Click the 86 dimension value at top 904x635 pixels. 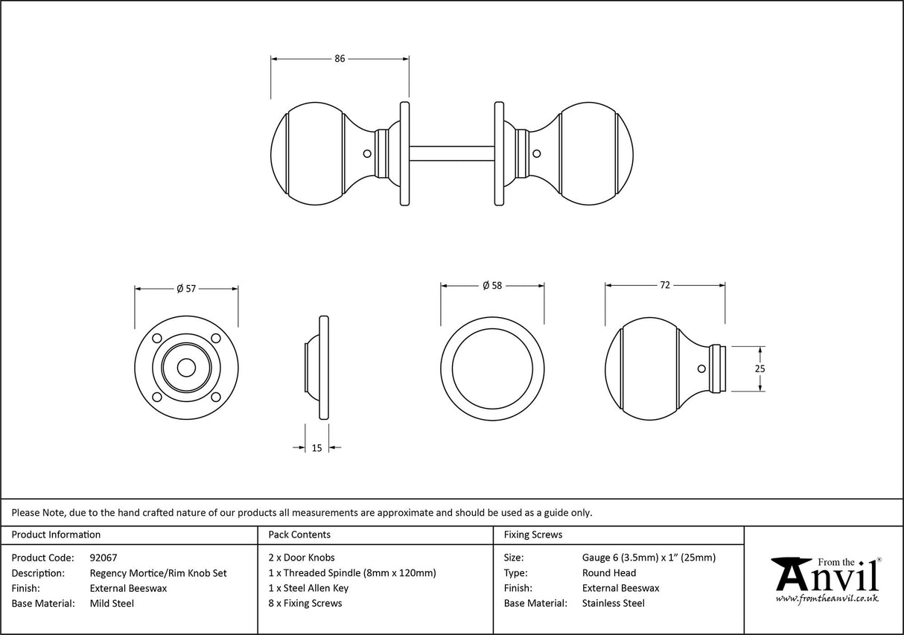(x=340, y=59)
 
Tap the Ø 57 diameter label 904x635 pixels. (x=185, y=289)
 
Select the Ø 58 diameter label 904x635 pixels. (x=492, y=285)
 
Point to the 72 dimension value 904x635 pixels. (x=665, y=285)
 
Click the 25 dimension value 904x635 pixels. (x=760, y=368)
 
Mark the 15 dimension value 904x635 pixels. (x=317, y=448)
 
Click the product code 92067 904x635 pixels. (x=103, y=558)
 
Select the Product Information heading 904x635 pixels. (x=56, y=535)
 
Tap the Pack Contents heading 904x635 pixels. (x=299, y=535)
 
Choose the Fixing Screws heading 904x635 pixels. (x=533, y=535)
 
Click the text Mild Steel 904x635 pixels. (x=112, y=604)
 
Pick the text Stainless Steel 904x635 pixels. (x=614, y=604)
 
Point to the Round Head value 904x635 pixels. (x=609, y=573)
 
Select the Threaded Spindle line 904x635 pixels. (x=351, y=573)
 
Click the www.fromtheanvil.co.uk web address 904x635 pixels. (x=827, y=599)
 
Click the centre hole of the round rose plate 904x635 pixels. (x=186, y=368)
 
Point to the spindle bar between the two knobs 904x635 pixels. (x=451, y=153)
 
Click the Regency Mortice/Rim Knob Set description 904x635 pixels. (x=158, y=573)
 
